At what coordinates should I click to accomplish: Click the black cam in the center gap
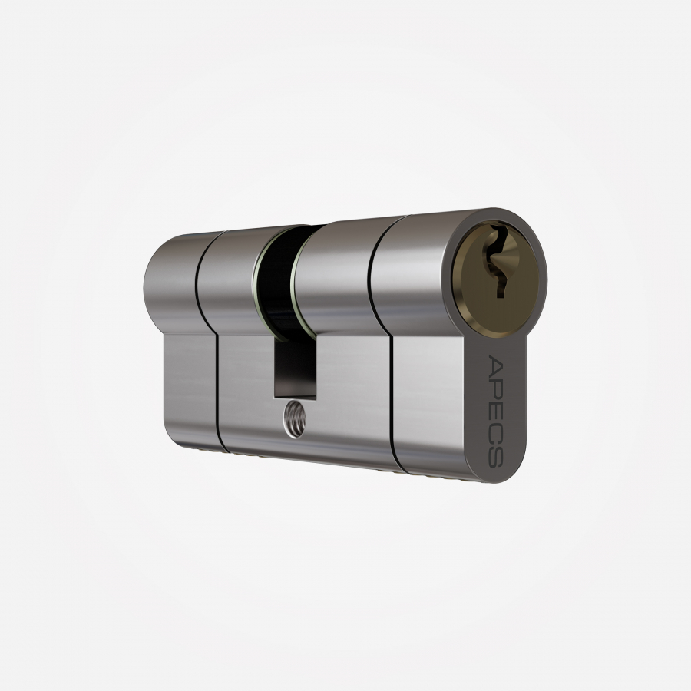pyautogui.click(x=276, y=278)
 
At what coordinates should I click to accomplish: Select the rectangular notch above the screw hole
pyautogui.click(x=294, y=368)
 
